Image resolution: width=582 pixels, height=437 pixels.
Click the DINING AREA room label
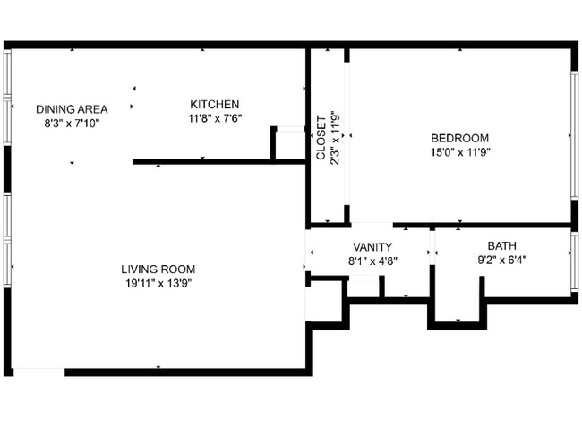click(72, 109)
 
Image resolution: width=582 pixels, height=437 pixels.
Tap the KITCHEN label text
click(214, 105)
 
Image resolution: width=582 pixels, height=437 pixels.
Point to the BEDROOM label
click(460, 138)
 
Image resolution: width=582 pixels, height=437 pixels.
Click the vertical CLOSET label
click(321, 139)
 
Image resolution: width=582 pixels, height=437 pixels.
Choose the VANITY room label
click(372, 247)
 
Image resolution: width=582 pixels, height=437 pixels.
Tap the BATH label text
click(501, 246)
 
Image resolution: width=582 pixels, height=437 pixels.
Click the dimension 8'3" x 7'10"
click(72, 123)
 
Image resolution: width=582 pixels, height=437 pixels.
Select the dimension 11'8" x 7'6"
click(214, 118)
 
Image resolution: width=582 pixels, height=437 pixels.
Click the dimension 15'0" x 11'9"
click(460, 151)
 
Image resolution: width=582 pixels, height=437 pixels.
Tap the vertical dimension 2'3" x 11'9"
click(335, 139)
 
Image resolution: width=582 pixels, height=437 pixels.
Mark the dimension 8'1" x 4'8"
click(372, 261)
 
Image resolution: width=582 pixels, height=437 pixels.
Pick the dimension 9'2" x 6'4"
click(501, 261)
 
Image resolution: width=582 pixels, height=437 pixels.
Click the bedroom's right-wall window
click(573, 134)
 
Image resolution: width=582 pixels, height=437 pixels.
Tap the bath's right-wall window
click(573, 261)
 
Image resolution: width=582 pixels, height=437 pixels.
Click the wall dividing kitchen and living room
click(219, 161)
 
